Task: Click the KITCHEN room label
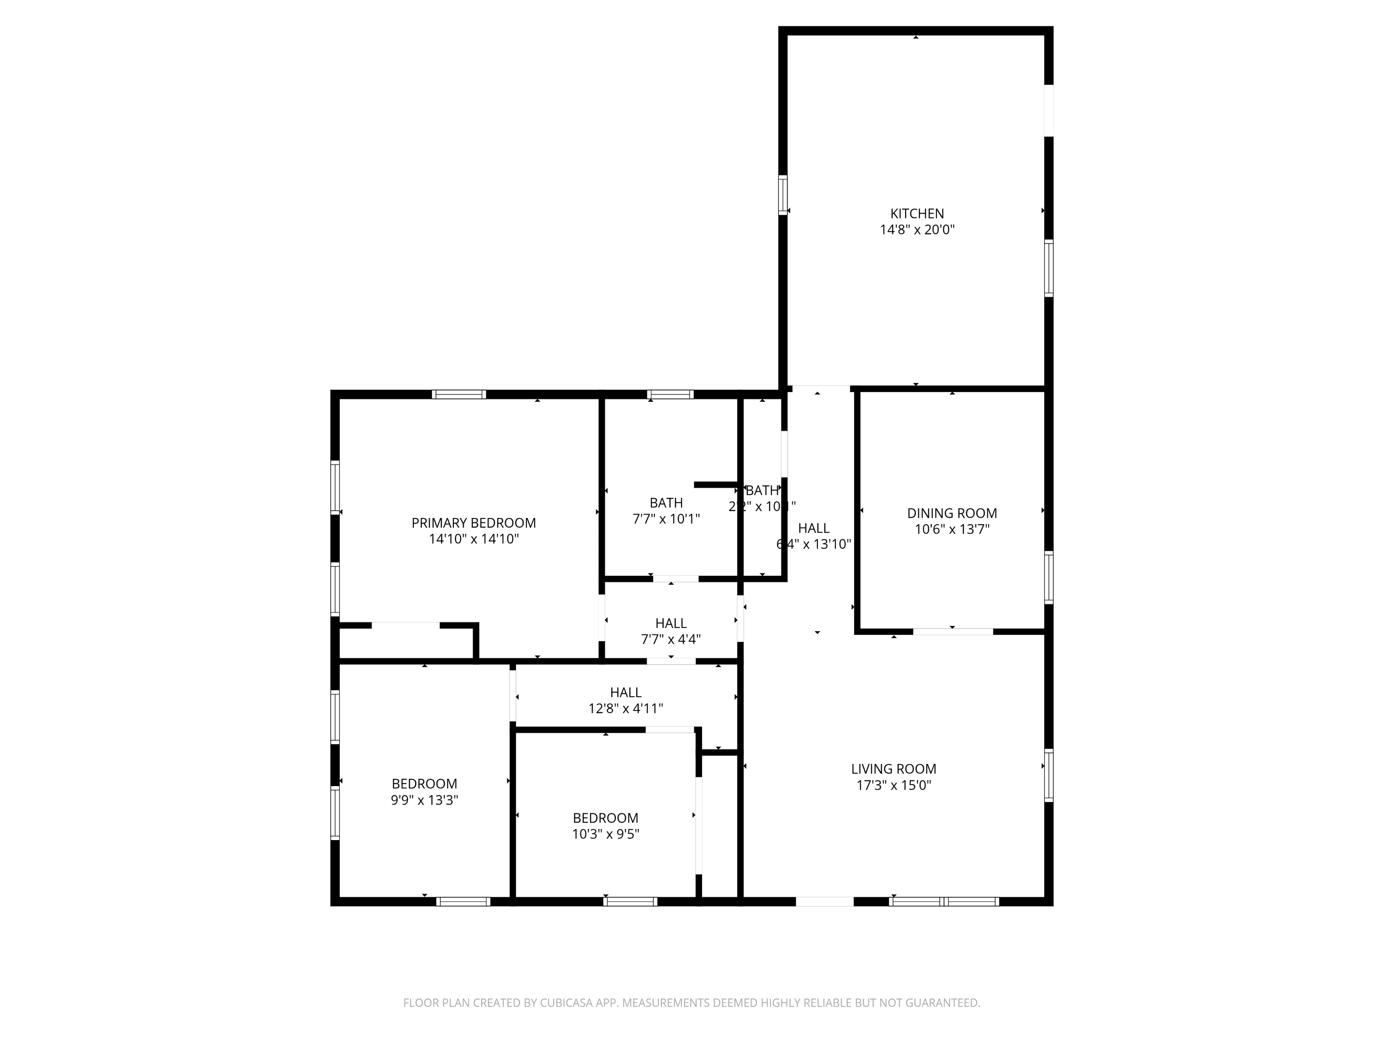pyautogui.click(x=917, y=213)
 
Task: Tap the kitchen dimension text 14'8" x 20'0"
pyautogui.click(x=917, y=230)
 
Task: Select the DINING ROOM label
pyautogui.click(x=952, y=513)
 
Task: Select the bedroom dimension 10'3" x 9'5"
pyautogui.click(x=605, y=834)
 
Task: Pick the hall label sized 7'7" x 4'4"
pyautogui.click(x=671, y=623)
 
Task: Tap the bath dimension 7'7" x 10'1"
pyautogui.click(x=666, y=519)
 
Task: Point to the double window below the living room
pyautogui.click(x=943, y=901)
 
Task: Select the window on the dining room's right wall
pyautogui.click(x=1049, y=577)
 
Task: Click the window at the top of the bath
pyautogui.click(x=669, y=394)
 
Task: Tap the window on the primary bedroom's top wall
pyautogui.click(x=459, y=394)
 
